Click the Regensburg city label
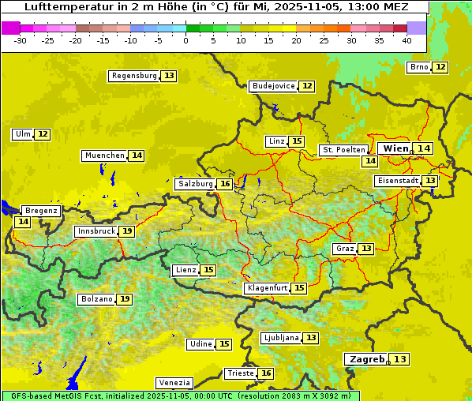click(x=134, y=76)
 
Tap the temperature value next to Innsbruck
click(x=126, y=231)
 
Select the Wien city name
click(x=395, y=148)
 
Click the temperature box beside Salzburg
click(x=225, y=184)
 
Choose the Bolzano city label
click(x=96, y=299)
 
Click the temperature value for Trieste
click(x=266, y=373)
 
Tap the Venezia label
click(x=174, y=383)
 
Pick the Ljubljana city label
click(x=280, y=338)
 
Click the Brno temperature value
click(x=440, y=67)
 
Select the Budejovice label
click(x=273, y=86)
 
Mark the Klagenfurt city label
click(x=266, y=288)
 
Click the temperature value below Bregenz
click(x=22, y=222)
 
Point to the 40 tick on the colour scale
click(x=406, y=39)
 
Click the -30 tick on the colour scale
click(x=21, y=39)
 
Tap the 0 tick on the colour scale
click(x=186, y=39)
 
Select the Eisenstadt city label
click(x=397, y=181)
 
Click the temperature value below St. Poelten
click(x=369, y=161)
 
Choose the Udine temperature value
click(x=224, y=344)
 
